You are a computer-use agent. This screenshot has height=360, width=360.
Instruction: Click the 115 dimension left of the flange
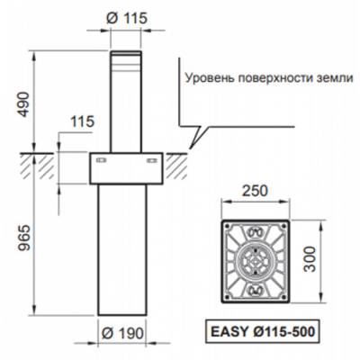[x=81, y=121]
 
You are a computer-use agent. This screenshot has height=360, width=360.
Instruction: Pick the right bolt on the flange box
[x=150, y=161]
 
